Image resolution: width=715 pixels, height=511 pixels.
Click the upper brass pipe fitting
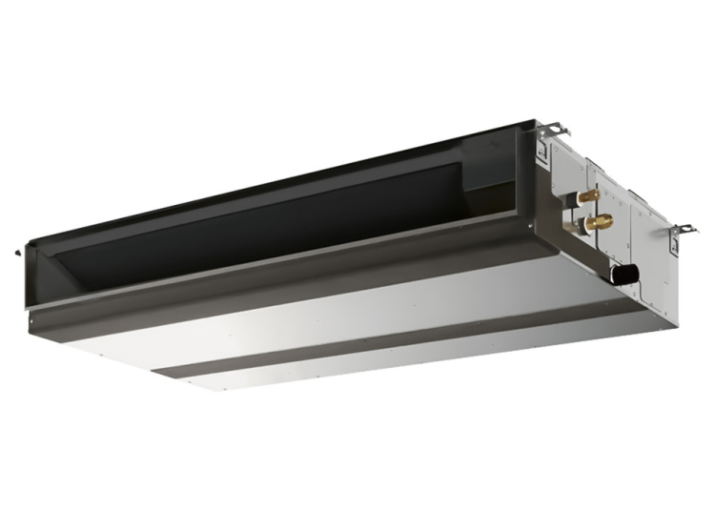pos(582,197)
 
